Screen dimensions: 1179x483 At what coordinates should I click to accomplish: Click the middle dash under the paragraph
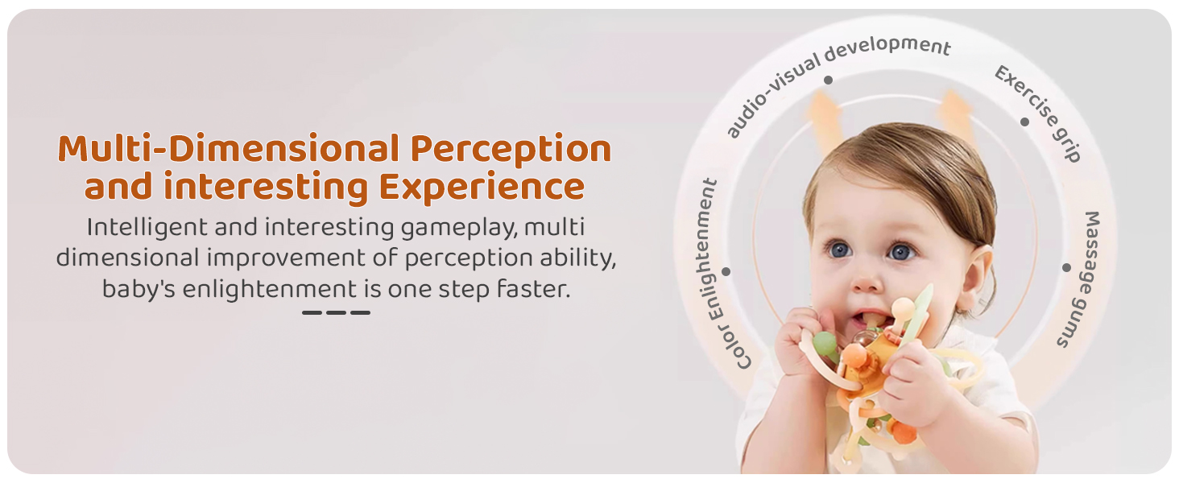click(336, 312)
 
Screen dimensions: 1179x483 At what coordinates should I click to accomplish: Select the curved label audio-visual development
click(837, 79)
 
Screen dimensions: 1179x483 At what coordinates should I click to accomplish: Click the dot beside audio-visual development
click(828, 80)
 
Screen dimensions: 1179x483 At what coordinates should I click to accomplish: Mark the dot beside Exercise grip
click(1024, 122)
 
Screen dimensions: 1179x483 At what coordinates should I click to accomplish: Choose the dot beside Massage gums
click(1066, 268)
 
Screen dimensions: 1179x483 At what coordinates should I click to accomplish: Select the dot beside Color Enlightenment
click(726, 271)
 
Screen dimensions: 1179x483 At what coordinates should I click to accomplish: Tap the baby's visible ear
click(978, 276)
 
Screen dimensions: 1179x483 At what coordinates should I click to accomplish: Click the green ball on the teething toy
click(825, 344)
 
